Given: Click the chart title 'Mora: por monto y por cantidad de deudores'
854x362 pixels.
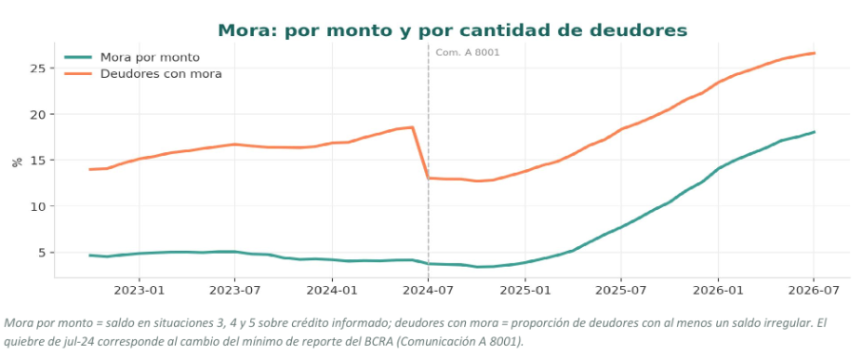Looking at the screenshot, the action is click(x=453, y=30).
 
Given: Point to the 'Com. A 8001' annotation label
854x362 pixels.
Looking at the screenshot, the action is click(x=467, y=53).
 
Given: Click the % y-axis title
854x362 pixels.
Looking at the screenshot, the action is click(x=17, y=162).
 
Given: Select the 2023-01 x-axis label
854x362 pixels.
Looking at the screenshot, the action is click(x=139, y=291).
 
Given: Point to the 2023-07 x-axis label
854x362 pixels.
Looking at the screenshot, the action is click(x=235, y=291).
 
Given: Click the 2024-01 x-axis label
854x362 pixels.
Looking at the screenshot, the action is click(x=332, y=291).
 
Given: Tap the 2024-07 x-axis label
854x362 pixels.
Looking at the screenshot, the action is click(x=428, y=291).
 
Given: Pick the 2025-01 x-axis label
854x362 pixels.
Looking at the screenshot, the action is click(x=525, y=291).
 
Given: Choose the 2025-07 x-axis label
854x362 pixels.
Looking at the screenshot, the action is click(x=621, y=291).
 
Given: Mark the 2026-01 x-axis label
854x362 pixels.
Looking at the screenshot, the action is click(x=718, y=291).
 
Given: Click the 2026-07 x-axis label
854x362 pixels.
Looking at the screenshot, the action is click(x=814, y=291).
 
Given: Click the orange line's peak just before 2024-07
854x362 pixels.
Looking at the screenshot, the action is click(x=413, y=127).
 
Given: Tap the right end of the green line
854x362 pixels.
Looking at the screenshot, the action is click(x=814, y=132).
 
